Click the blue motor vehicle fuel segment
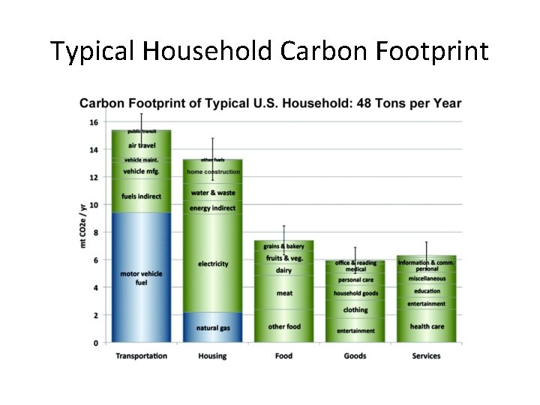[141, 277]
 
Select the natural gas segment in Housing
[213, 328]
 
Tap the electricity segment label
[213, 264]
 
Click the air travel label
[142, 145]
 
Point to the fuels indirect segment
[142, 197]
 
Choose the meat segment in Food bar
[284, 293]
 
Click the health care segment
[427, 326]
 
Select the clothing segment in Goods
[355, 310]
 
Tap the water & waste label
[213, 193]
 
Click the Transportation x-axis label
[141, 355]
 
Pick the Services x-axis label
[427, 355]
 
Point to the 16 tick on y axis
[94, 122]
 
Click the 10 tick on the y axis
[94, 205]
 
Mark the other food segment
[284, 326]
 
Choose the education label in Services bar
[427, 291]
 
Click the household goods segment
[355, 293]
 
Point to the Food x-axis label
[283, 355]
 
